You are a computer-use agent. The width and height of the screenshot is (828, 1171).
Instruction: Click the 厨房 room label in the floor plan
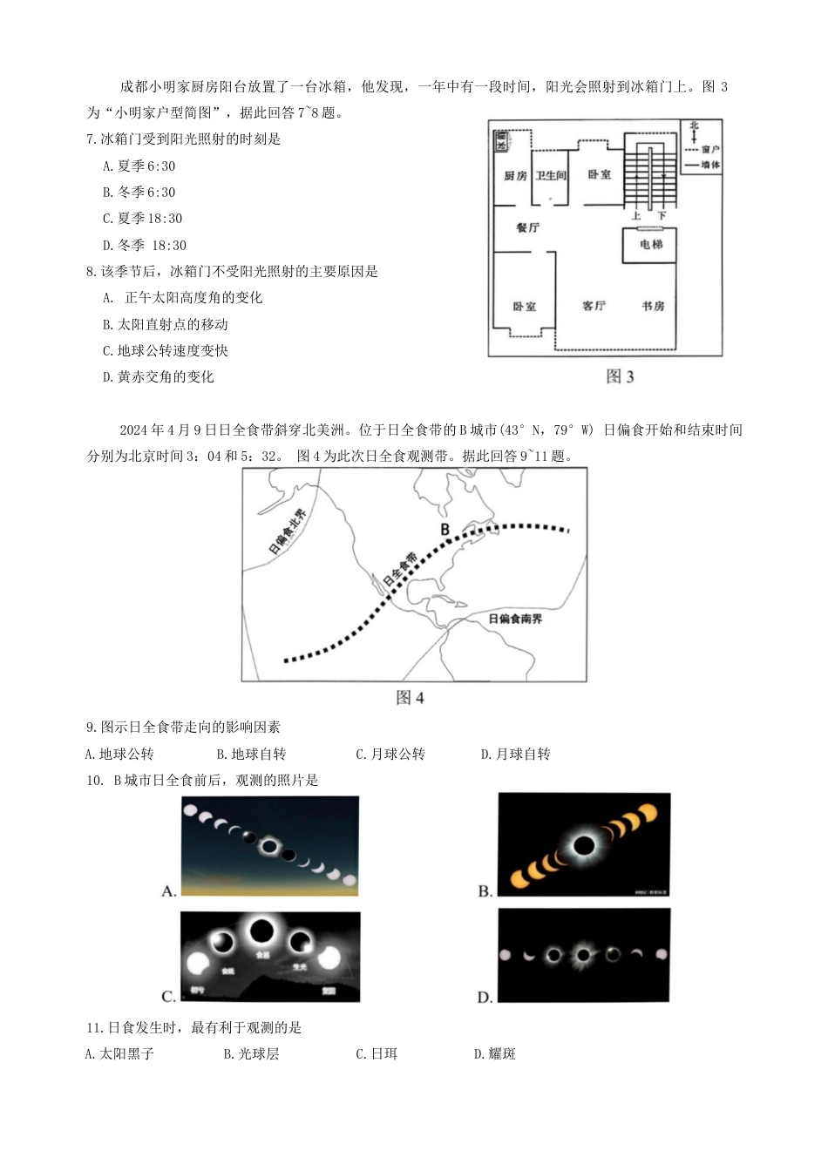tap(515, 176)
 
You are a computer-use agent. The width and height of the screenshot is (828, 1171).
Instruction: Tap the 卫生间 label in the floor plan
tap(551, 176)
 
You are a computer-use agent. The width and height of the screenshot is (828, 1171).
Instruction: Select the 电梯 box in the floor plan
tap(651, 245)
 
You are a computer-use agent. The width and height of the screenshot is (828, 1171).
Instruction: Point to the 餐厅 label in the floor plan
tap(527, 227)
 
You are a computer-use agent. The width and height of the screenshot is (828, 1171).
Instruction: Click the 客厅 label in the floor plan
tap(594, 306)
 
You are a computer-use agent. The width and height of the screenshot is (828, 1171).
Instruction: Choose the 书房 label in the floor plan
tap(653, 306)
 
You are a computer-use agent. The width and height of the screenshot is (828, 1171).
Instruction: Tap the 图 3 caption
tap(620, 376)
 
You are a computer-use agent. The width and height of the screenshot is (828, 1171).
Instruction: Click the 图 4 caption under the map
tap(410, 698)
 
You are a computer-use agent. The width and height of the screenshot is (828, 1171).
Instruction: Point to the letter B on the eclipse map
tap(445, 530)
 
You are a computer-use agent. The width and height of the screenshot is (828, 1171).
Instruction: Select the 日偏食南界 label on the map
tap(515, 619)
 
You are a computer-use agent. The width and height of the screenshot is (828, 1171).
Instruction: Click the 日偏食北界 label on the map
tap(288, 531)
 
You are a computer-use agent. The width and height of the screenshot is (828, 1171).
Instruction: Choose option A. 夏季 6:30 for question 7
tap(139, 166)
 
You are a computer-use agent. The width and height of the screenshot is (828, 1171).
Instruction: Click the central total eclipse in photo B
tap(584, 845)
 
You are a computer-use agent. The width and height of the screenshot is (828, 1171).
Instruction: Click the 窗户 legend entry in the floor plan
tap(709, 150)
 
